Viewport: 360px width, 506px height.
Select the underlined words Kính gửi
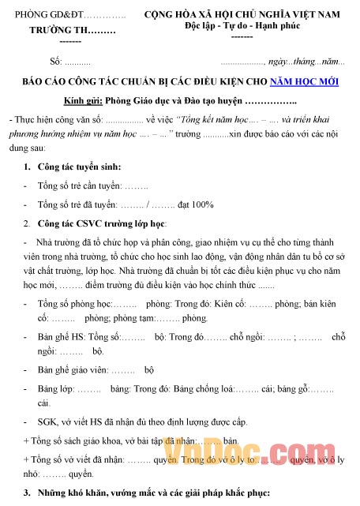click(x=82, y=102)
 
